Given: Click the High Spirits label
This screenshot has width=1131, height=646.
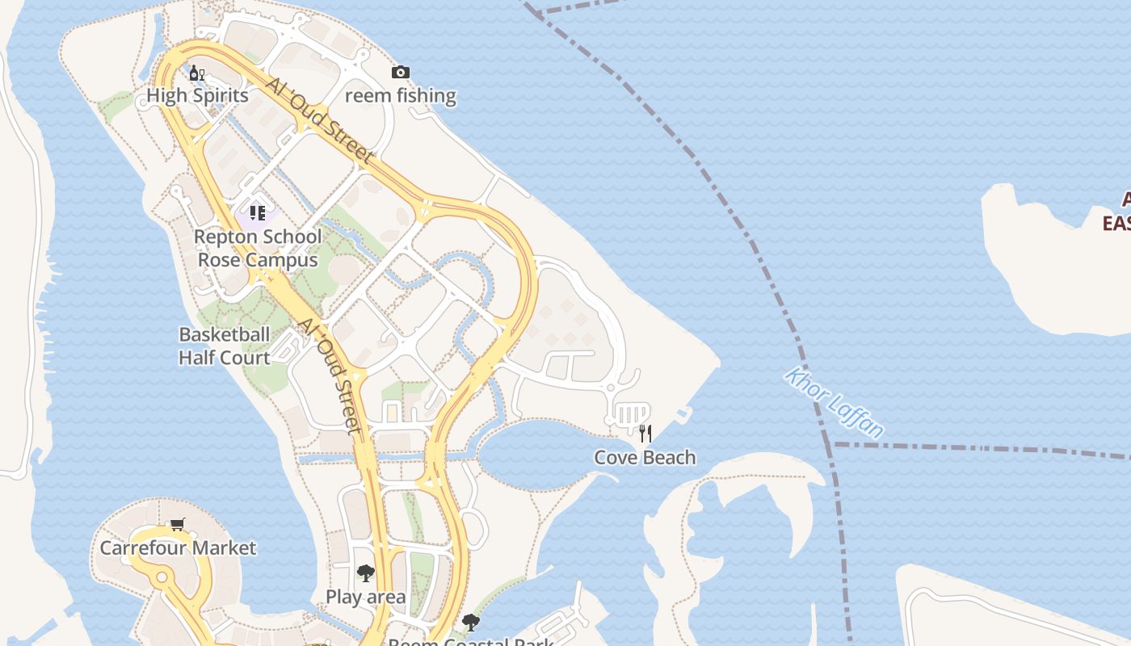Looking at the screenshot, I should (x=197, y=95).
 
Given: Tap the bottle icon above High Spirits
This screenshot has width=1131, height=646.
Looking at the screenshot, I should (x=196, y=73).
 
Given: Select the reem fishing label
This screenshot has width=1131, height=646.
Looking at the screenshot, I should (x=401, y=95).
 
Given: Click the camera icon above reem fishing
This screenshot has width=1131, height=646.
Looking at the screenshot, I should (x=400, y=73).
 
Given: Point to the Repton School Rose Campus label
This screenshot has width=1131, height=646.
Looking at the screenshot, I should (x=259, y=248).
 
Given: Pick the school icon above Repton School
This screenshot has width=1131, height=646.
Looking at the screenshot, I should (x=258, y=213).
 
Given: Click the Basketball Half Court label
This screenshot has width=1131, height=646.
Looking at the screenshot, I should (x=225, y=346).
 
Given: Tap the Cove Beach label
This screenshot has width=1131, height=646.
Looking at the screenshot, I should (x=645, y=457).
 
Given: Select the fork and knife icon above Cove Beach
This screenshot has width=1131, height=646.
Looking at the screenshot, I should (x=645, y=434).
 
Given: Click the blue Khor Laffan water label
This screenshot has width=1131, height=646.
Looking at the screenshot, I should (x=835, y=402).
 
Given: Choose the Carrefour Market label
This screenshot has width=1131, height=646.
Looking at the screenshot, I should (x=178, y=547).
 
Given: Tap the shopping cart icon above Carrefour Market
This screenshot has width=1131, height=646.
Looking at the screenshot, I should (x=178, y=525).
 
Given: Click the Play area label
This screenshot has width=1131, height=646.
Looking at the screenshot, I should (x=365, y=597).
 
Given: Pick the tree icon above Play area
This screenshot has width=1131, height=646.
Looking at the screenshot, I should (x=365, y=574).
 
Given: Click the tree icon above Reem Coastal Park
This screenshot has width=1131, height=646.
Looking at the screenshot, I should (x=470, y=623).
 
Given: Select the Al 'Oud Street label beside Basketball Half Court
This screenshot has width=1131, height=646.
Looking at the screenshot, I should (x=330, y=375).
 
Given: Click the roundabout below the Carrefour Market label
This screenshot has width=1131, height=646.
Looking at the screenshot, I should (x=162, y=577).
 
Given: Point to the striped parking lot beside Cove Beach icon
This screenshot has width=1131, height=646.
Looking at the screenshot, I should (x=631, y=415).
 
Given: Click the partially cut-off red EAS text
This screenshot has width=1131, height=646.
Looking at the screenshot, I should (x=1116, y=222).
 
